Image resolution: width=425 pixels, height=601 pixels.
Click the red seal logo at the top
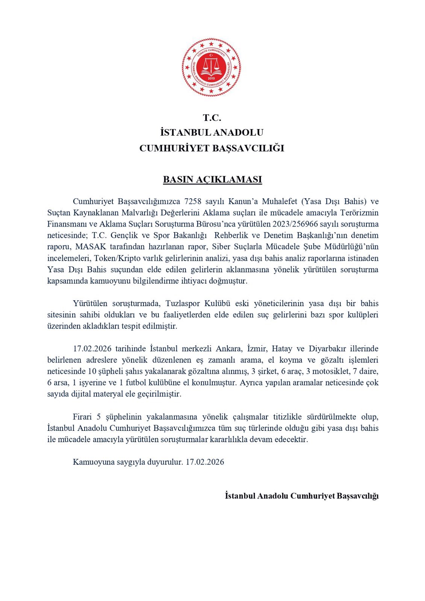[x=212, y=67]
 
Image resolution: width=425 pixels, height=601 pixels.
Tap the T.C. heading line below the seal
[x=212, y=118]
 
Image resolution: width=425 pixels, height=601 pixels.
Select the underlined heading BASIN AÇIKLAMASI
[x=212, y=180]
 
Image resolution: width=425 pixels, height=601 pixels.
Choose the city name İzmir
[x=257, y=349]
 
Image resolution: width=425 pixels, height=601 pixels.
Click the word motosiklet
[x=328, y=371]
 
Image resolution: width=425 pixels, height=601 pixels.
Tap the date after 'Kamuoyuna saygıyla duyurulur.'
[x=205, y=462]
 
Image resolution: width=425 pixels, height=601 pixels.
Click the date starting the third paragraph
[x=92, y=349]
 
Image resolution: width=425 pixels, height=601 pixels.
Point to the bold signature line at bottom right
[x=302, y=496]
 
